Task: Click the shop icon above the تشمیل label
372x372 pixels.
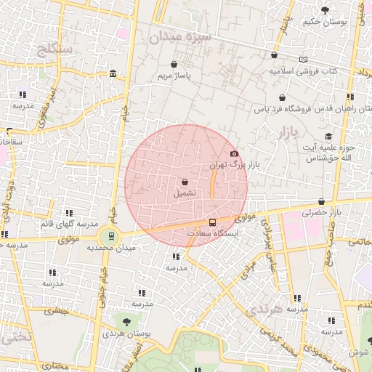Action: (185, 182)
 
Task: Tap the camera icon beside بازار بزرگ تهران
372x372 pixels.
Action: (234, 153)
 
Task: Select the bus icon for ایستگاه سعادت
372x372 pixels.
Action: (212, 222)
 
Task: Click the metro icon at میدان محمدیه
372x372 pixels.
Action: (110, 235)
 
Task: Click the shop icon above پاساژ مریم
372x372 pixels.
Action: (174, 64)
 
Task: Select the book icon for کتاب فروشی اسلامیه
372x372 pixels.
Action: (303, 60)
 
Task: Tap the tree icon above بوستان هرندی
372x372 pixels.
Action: (127, 320)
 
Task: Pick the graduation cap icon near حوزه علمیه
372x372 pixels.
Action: (328, 136)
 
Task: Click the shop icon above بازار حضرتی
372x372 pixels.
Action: (321, 201)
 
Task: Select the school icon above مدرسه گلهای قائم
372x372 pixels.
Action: (69, 213)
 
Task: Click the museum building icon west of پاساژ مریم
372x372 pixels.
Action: (113, 73)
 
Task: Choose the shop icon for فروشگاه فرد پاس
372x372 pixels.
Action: (282, 98)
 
